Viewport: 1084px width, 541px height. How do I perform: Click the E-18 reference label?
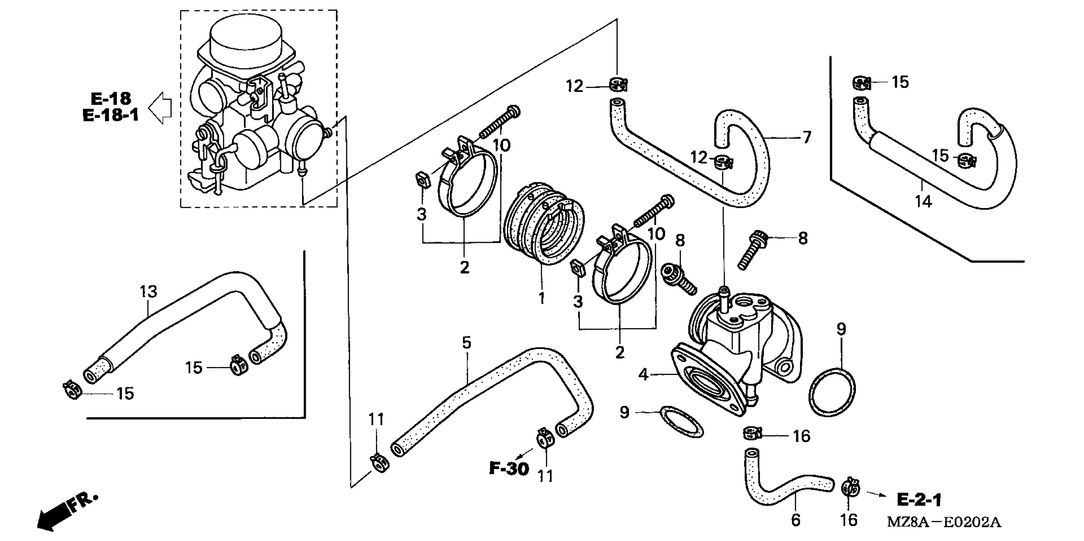[111, 99]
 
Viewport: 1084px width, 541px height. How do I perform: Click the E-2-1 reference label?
[919, 500]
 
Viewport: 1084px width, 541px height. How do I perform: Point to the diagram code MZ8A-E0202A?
[944, 522]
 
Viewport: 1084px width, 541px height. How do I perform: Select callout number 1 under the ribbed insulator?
[542, 298]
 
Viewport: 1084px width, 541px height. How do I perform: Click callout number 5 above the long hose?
[466, 343]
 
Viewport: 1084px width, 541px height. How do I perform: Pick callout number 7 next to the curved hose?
[806, 137]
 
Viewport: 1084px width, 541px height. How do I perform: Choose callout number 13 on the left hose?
[148, 291]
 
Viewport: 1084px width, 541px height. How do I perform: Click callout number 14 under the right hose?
[923, 202]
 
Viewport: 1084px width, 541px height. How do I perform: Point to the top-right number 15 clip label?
[900, 82]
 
